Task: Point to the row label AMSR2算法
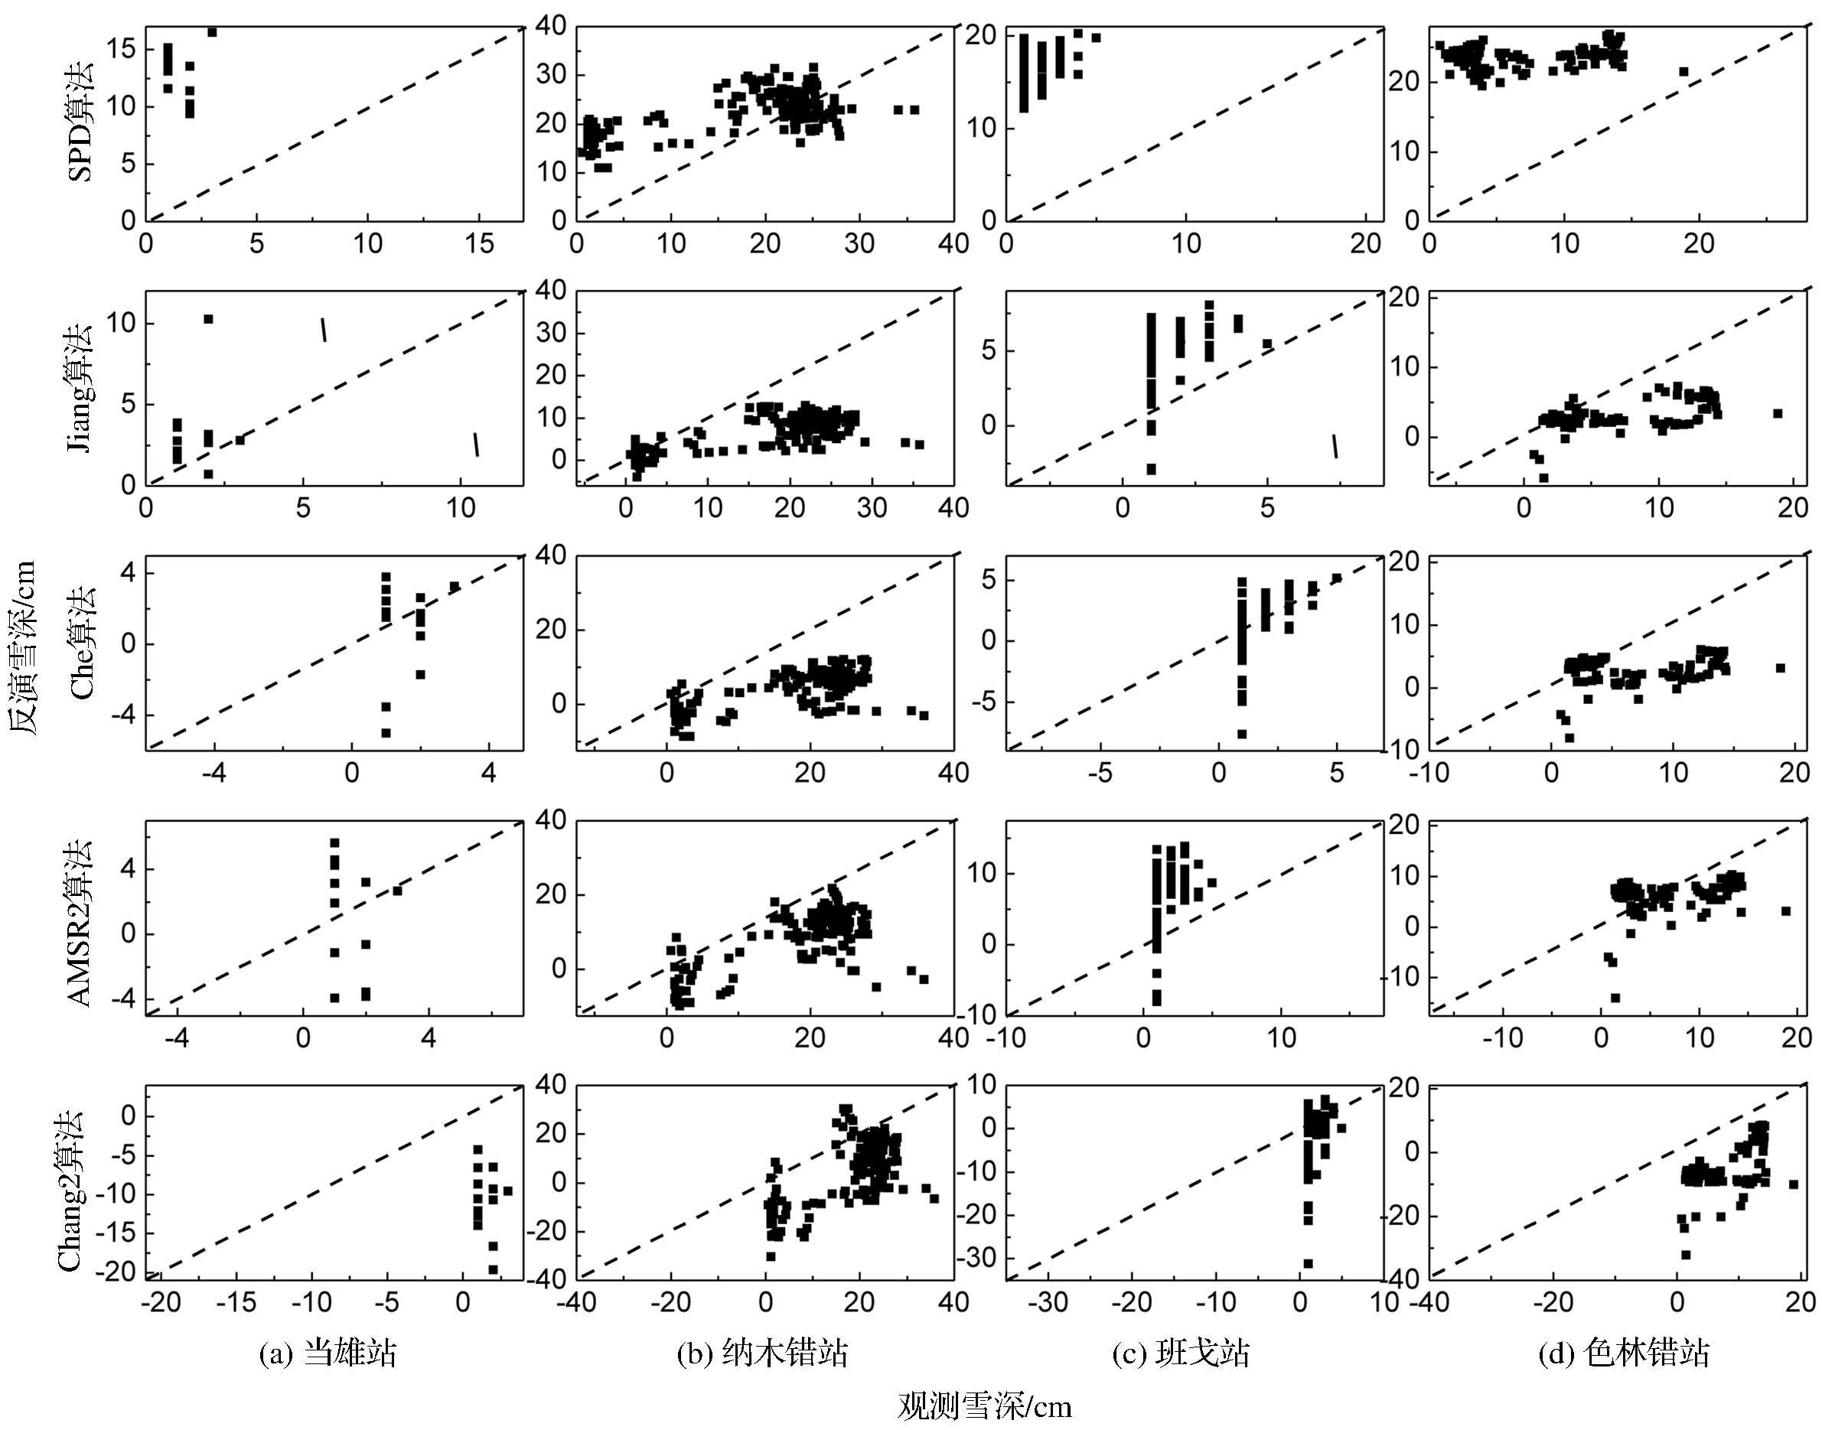[80, 922]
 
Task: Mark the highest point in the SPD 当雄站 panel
[212, 32]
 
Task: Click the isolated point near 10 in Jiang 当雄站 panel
[208, 319]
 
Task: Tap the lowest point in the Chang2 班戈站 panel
[1308, 1263]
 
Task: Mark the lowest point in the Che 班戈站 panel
[1242, 735]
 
